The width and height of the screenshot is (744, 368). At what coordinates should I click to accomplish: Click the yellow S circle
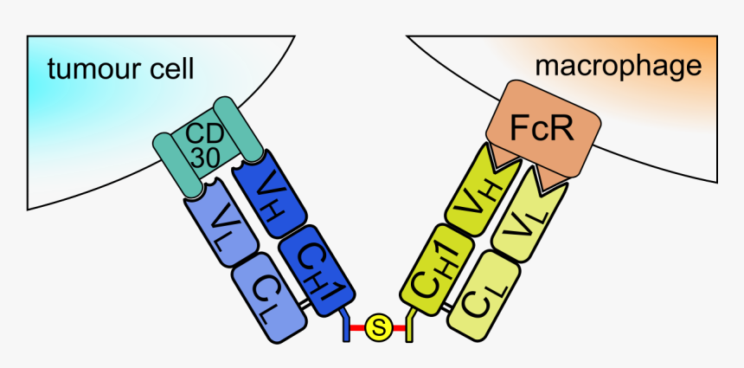pos(378,327)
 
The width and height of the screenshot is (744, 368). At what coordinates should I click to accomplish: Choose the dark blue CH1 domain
pos(317,266)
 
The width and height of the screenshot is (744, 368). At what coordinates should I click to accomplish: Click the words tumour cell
pos(120,68)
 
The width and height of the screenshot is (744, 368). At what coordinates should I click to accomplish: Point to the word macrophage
pos(617,65)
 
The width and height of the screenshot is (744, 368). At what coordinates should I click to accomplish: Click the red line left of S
pos(356,328)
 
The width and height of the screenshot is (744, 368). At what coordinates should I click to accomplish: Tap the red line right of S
pos(399,328)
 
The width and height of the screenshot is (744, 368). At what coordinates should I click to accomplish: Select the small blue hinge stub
pos(345,326)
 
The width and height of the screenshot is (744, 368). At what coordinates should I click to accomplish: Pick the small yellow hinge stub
pos(410,326)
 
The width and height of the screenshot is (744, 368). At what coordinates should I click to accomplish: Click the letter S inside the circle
pos(378,327)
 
